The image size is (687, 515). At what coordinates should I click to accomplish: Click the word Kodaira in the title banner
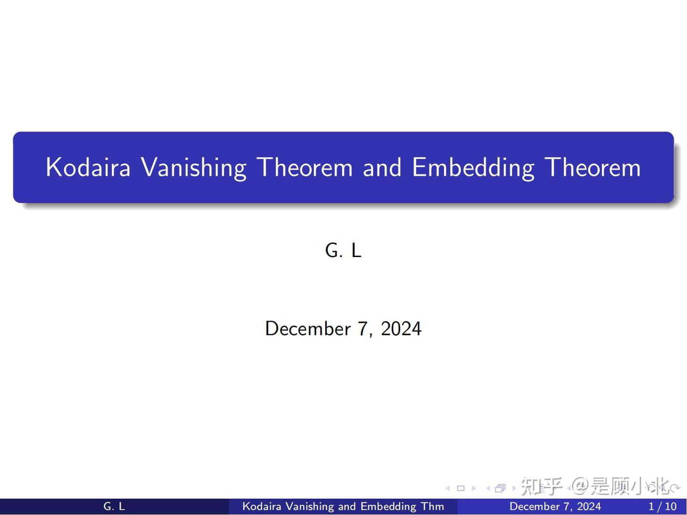(88, 167)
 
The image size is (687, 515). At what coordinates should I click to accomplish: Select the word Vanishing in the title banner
(193, 167)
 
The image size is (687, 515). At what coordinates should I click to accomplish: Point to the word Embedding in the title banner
(472, 167)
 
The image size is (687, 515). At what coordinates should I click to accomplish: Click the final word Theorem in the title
(593, 167)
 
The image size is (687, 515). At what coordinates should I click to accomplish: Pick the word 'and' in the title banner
(382, 167)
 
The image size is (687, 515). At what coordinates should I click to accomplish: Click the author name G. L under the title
(343, 250)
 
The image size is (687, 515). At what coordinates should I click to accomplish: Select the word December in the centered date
(308, 329)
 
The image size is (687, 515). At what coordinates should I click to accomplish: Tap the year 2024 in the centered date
(401, 329)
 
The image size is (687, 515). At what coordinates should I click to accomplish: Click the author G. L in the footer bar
(114, 506)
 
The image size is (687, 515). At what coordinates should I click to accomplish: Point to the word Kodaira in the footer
(261, 506)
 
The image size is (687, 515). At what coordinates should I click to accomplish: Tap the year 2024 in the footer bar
(588, 506)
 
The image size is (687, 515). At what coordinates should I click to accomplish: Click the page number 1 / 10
(662, 506)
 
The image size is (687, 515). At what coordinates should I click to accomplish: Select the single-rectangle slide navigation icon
(460, 488)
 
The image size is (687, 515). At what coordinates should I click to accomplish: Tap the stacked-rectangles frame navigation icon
(500, 488)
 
